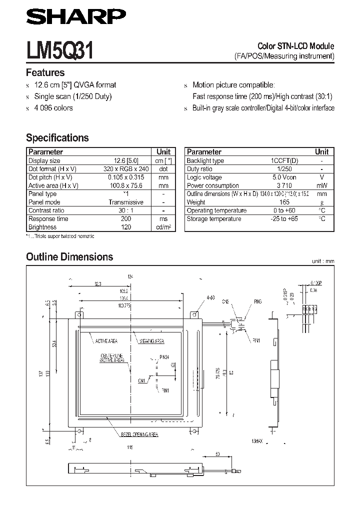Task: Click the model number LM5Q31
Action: pos(60,51)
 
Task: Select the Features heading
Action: pos(45,73)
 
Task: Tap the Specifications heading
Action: pos(57,138)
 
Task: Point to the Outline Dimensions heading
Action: pos(69,257)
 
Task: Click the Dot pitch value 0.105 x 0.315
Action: pos(125,177)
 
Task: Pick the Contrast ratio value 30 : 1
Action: pos(126,210)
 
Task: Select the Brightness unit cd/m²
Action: pos(163,227)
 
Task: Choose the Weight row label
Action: pos(196,202)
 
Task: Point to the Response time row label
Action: pos(48,218)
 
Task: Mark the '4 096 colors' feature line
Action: pos(53,108)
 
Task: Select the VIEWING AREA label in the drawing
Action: pos(151,341)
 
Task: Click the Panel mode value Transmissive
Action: pos(126,202)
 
